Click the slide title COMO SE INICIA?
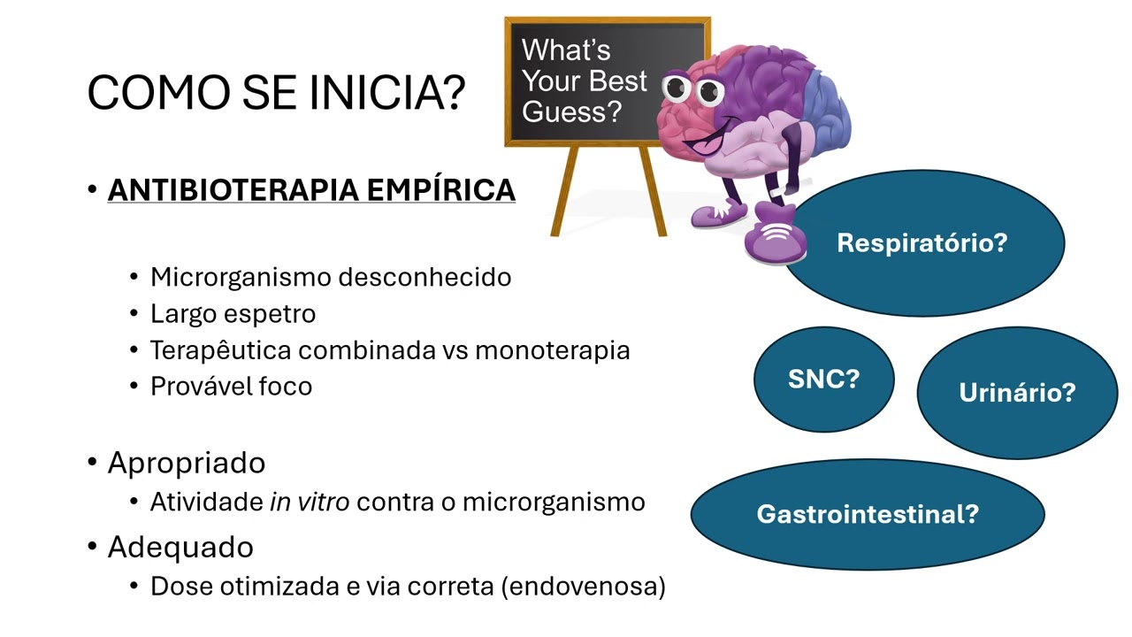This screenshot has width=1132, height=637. (276, 91)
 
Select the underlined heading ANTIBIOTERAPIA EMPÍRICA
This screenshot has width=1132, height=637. (311, 189)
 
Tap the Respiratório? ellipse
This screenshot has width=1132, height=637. (922, 242)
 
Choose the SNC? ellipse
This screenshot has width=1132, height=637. (823, 380)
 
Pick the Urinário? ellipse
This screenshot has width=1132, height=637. (1017, 392)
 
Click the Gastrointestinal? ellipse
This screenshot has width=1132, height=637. (868, 514)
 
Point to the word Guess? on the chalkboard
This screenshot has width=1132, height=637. (572, 112)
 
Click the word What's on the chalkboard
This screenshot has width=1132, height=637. (566, 50)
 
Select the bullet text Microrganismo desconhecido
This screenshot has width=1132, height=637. (331, 277)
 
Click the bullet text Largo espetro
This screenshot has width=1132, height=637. (233, 313)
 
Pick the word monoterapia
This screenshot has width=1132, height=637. (553, 349)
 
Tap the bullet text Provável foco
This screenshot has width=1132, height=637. (231, 386)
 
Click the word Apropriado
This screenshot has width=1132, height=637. (187, 463)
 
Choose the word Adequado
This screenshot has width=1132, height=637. (180, 547)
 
